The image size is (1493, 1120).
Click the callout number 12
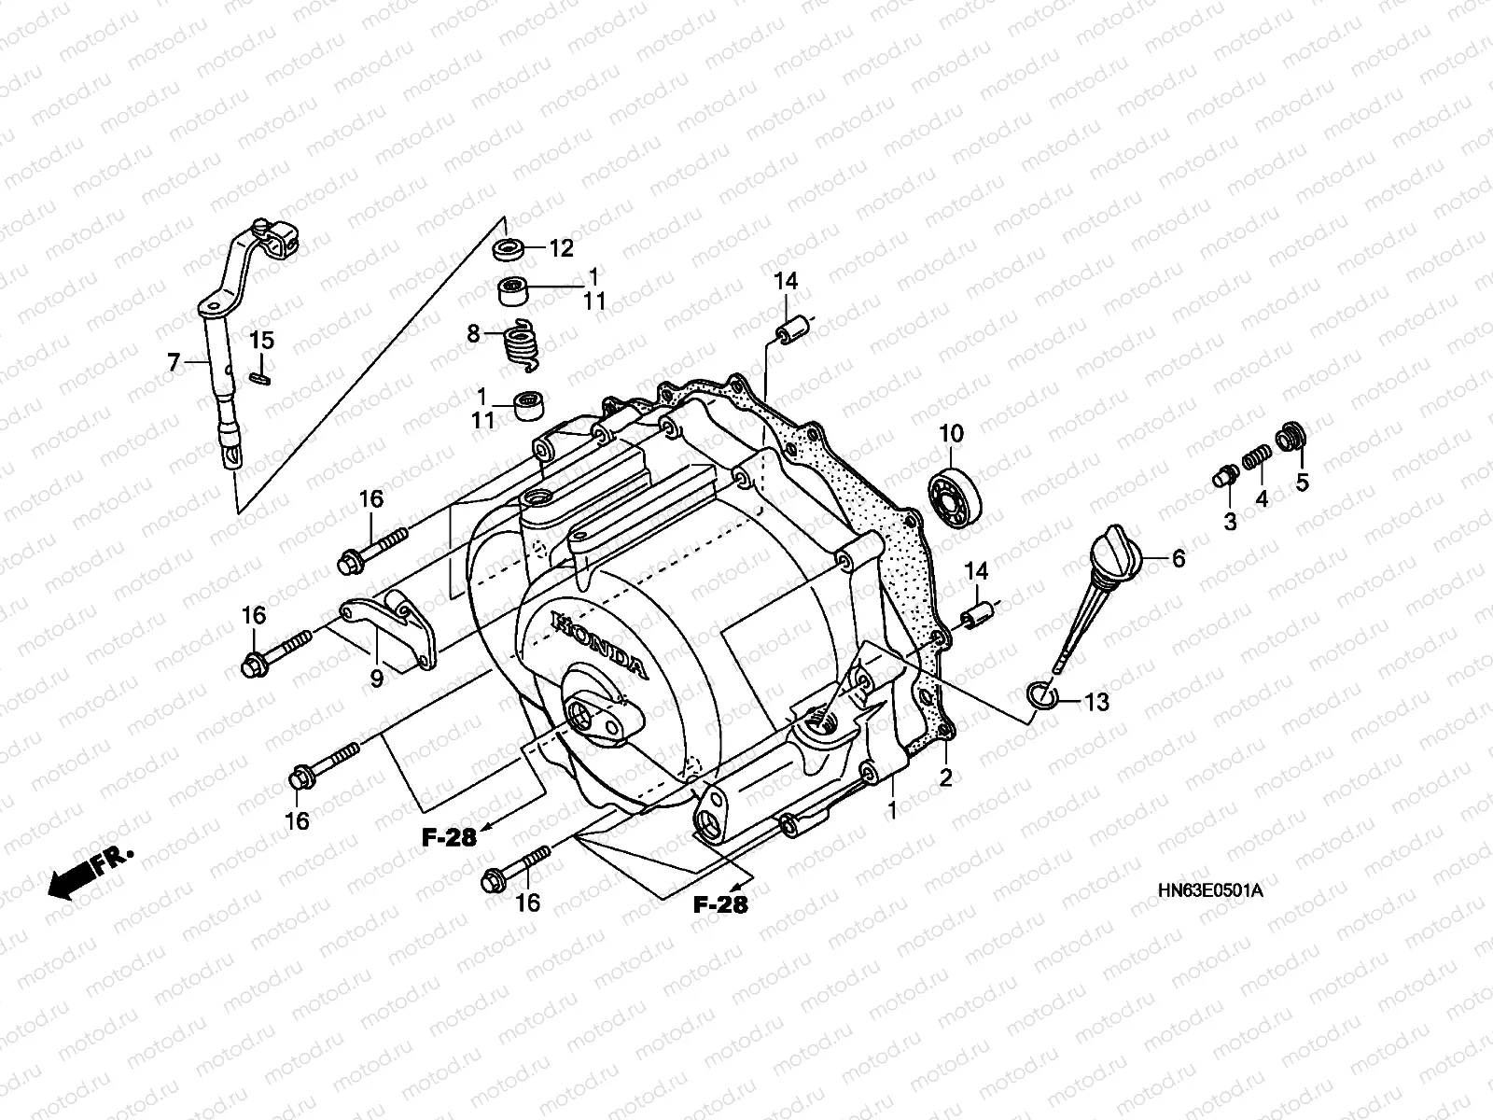point(561,248)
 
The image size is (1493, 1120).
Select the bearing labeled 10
point(956,497)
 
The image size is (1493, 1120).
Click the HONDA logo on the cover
point(597,644)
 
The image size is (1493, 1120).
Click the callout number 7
point(174,361)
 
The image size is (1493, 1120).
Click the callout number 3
point(1230,523)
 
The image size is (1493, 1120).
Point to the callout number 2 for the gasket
point(945,777)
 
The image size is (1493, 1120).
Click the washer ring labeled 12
point(509,249)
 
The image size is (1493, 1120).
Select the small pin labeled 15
point(261,377)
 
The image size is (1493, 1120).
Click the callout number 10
point(951,433)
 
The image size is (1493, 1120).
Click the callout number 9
point(376,679)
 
